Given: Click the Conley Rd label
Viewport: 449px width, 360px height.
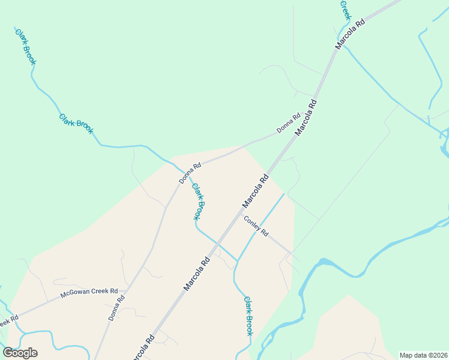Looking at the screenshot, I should [x=256, y=226].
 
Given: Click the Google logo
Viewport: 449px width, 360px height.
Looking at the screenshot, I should [x=20, y=353].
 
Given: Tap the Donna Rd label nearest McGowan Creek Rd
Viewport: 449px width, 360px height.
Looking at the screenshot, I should [x=117, y=308].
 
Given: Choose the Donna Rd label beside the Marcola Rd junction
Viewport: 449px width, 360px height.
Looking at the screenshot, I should [x=288, y=124].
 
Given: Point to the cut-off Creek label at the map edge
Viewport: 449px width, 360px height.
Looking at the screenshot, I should [x=345, y=10].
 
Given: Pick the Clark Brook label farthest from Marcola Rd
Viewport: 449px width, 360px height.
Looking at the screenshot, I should [x=26, y=47].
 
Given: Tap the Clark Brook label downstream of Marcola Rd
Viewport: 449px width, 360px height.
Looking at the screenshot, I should [x=248, y=316].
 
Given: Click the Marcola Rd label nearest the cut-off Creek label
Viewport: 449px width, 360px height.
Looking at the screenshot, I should [x=350, y=35].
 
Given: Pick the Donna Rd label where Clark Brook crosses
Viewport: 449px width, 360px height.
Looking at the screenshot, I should [x=190, y=173].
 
